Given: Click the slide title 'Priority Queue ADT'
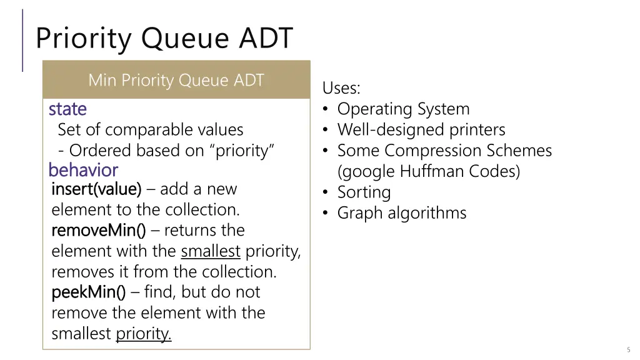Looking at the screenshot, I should click(x=164, y=38).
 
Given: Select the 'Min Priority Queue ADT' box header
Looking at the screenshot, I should click(x=176, y=80).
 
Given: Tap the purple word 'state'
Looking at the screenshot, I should click(x=67, y=109).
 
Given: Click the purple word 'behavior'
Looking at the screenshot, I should click(x=83, y=170).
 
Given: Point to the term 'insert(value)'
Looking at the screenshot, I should click(x=96, y=189).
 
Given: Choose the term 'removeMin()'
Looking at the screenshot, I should click(x=98, y=230).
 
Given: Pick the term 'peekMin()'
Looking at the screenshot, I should click(x=88, y=292).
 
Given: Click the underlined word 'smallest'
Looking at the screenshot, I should click(x=211, y=251).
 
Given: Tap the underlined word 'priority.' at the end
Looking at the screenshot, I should click(x=144, y=334).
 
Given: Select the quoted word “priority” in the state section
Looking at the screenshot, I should click(x=245, y=151).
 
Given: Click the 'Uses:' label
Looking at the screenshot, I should click(x=341, y=88).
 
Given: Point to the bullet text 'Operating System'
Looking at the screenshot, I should click(x=403, y=109).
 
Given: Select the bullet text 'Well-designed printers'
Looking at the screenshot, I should click(x=421, y=130).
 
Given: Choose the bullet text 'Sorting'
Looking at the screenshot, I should click(x=364, y=192).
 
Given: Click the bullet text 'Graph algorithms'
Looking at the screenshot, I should click(x=402, y=213).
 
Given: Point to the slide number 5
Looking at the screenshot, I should click(x=628, y=349).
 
